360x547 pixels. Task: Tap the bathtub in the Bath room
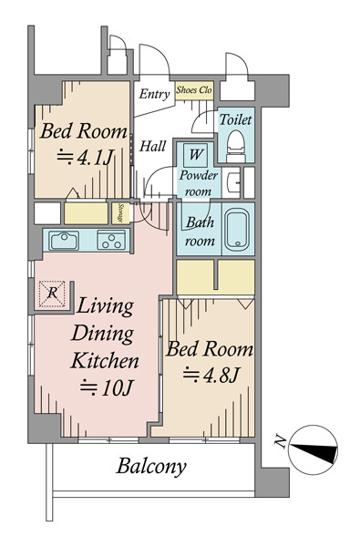pyautogui.click(x=237, y=229)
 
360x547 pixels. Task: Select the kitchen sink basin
pyautogui.click(x=64, y=240)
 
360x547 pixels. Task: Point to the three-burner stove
pyautogui.click(x=111, y=240)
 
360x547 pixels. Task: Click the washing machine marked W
pyautogui.click(x=196, y=155)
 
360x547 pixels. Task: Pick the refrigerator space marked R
pyautogui.click(x=52, y=294)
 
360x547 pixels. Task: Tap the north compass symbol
pyautogui.click(x=314, y=449)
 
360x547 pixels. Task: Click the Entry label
pyautogui.click(x=155, y=94)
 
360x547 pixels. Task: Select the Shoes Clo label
pyautogui.click(x=194, y=90)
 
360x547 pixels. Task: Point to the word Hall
pyautogui.click(x=153, y=146)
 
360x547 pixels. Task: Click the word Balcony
pyautogui.click(x=151, y=466)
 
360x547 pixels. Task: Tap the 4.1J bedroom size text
pyautogui.click(x=85, y=158)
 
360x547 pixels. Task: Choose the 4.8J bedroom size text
pyautogui.click(x=211, y=375)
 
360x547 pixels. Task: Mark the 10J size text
pyautogui.click(x=107, y=388)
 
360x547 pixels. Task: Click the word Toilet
pyautogui.click(x=235, y=119)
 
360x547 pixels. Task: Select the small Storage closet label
pyautogui.click(x=120, y=212)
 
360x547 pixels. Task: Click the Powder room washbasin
pyautogui.click(x=232, y=183)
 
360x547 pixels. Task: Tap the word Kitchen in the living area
pyautogui.click(x=105, y=360)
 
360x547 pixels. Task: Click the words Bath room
pyautogui.click(x=200, y=232)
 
